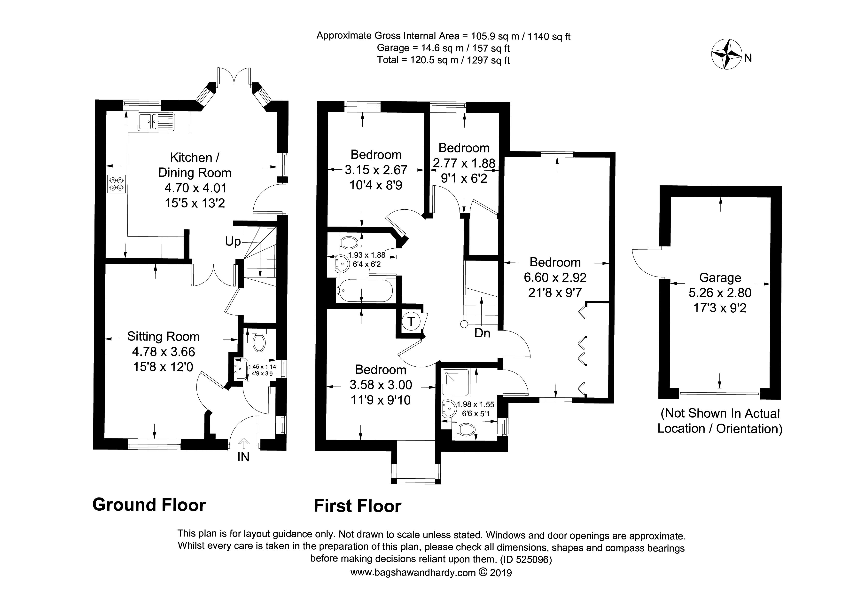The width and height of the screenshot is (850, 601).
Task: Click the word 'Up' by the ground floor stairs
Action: coord(233,241)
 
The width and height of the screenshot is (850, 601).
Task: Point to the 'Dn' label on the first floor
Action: coord(482,333)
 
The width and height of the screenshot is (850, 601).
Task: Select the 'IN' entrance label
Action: coord(243,457)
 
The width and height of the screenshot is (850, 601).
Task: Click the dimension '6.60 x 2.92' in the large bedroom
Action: coord(555,277)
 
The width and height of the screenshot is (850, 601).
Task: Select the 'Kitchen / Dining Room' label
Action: coord(195,165)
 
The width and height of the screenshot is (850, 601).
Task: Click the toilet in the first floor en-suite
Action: coord(463,430)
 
